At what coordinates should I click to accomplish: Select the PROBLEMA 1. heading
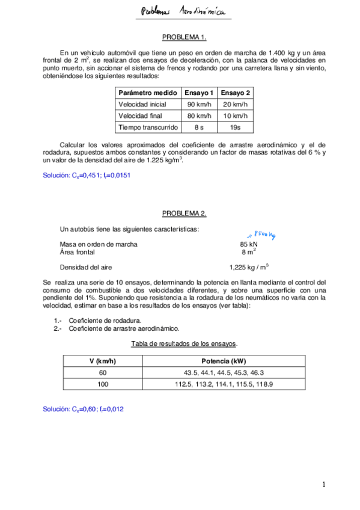pos(185,37)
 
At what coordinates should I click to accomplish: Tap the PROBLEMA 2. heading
pos(185,214)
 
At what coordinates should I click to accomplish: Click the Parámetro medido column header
pos(147,93)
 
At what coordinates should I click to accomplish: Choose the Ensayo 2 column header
pos(236,93)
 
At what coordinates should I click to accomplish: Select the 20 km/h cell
pos(236,104)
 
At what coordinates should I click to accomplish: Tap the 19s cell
pos(236,127)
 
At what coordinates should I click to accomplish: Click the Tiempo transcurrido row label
pos(147,127)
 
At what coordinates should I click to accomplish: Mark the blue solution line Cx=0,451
pos(87,176)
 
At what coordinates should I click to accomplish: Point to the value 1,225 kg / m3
pos(249,267)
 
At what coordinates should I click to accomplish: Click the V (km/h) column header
pos(99,361)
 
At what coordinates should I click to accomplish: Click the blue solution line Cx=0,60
pos(84,409)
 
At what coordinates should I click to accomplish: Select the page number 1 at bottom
pos(323,485)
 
